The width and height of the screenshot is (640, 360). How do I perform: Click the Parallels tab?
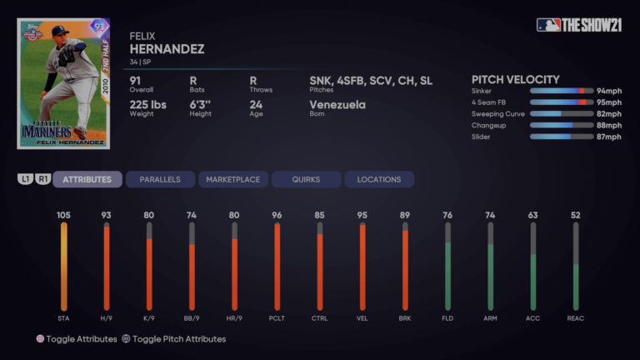tap(160, 179)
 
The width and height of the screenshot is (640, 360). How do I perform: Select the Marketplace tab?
tap(233, 179)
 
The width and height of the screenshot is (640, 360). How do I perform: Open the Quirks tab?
tap(306, 179)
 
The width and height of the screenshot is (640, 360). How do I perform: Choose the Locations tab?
tap(379, 179)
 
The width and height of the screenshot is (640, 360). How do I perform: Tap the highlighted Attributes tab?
tap(87, 179)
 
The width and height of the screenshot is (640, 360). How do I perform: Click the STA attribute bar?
tap(63, 267)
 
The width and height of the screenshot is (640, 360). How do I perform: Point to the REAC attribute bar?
tap(576, 267)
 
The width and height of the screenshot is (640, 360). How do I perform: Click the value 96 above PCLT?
tap(277, 215)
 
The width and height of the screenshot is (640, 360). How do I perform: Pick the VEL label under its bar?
tap(362, 318)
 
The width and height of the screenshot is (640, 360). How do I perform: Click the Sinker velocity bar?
tap(557, 90)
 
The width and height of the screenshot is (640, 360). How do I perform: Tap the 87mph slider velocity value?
tap(608, 137)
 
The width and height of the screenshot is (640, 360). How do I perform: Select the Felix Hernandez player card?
tap(63, 83)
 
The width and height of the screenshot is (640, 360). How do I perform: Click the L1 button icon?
tap(26, 179)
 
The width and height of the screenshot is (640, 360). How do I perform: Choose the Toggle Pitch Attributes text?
tap(179, 339)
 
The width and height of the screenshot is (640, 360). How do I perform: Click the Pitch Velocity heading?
tap(516, 79)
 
